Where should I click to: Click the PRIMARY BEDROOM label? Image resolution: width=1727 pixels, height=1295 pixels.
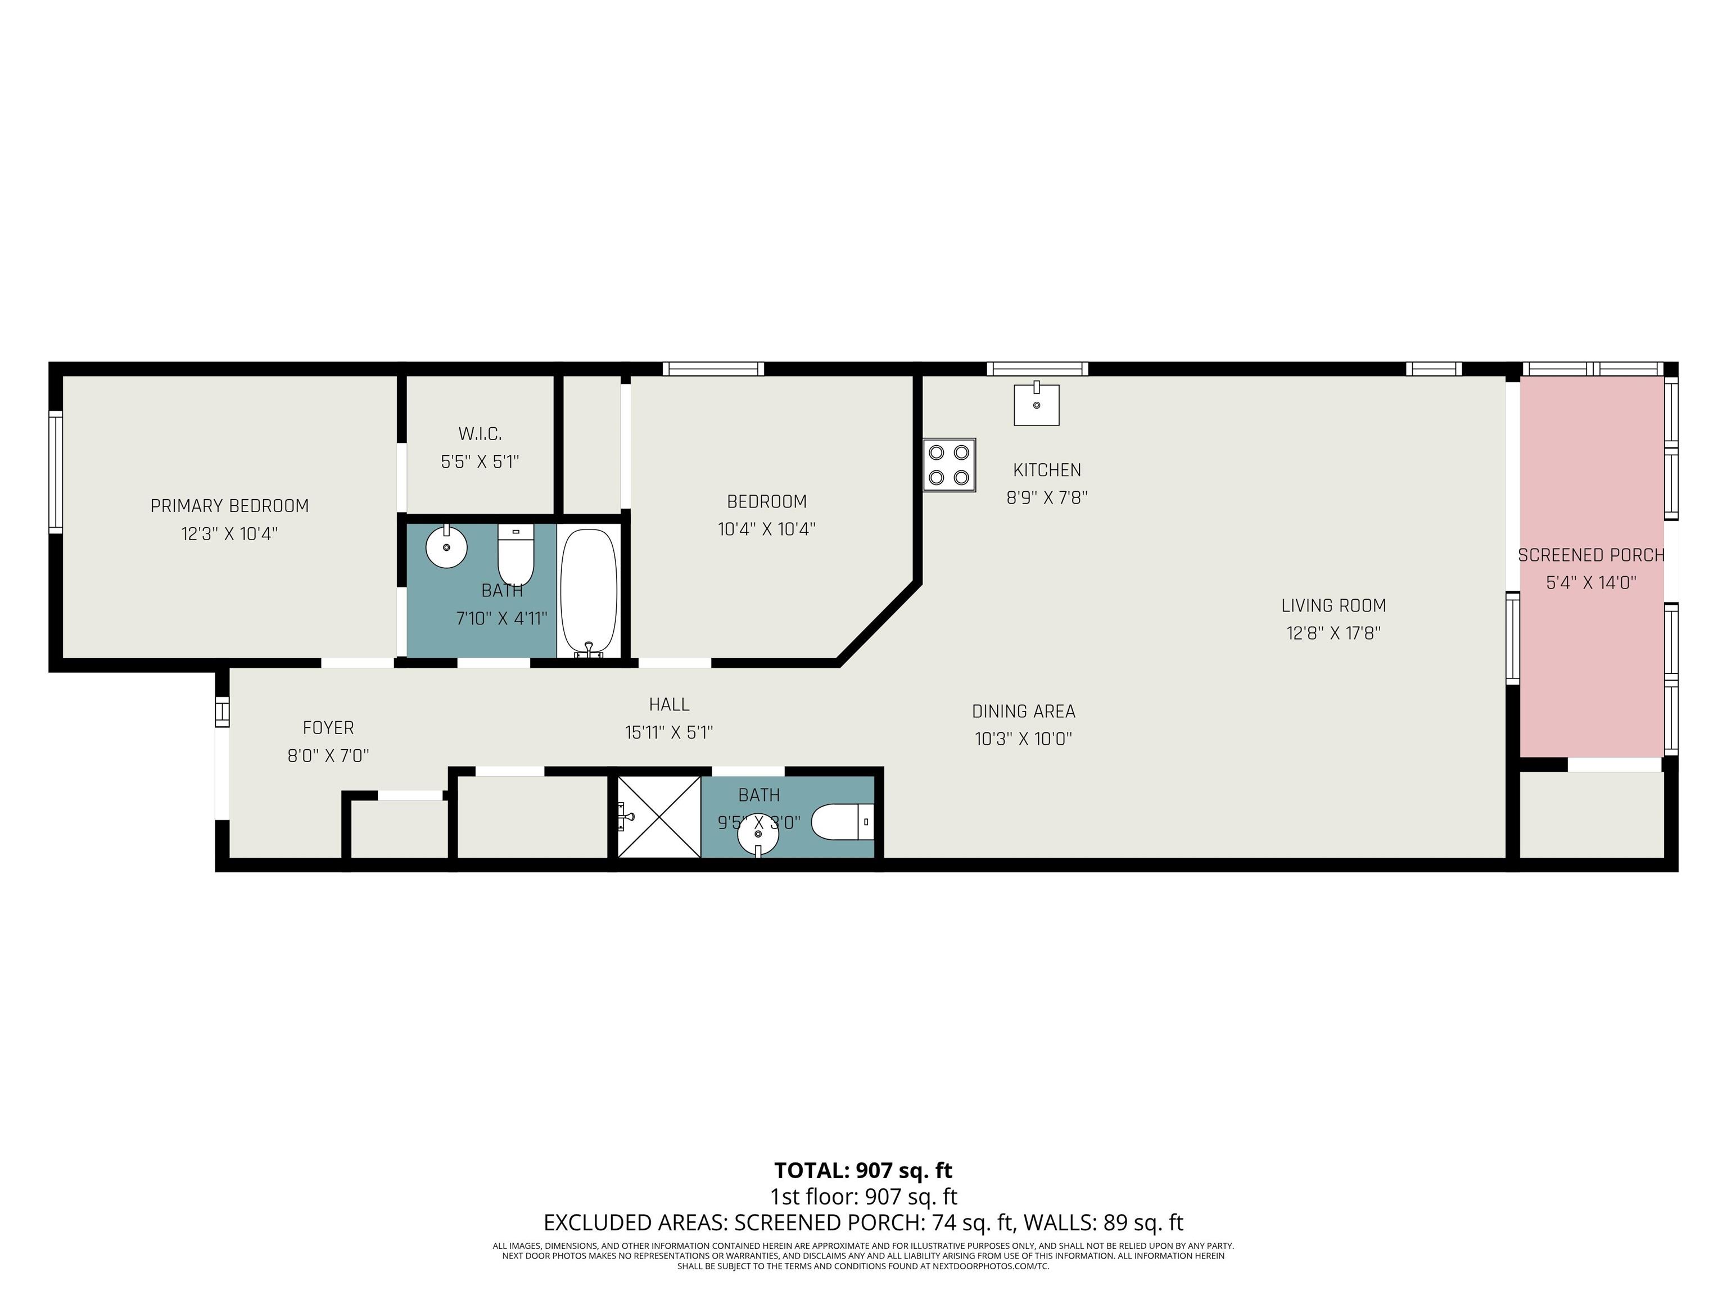pos(229,506)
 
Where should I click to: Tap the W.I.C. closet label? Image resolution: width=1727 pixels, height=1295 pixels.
pos(480,433)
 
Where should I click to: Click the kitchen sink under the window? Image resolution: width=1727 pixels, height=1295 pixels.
pos(1036,404)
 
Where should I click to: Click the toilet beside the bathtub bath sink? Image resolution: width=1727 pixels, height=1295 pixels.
pos(516,555)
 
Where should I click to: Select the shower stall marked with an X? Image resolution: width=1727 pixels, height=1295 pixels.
pos(659,817)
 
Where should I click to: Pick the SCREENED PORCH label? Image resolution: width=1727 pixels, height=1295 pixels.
pos(1591,555)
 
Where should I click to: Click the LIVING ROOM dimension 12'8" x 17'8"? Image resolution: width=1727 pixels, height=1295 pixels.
pos(1333,633)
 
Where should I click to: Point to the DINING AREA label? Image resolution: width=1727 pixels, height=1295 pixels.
pos(1024,711)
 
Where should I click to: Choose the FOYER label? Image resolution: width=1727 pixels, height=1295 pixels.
pos(328,727)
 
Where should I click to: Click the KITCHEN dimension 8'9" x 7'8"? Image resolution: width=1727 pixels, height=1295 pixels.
pos(1047,497)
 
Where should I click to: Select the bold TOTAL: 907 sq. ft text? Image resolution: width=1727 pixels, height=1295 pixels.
pos(863,1171)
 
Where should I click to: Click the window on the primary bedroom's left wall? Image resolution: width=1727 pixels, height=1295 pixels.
pos(55,472)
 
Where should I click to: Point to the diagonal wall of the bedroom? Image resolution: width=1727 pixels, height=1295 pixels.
pos(878,622)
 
